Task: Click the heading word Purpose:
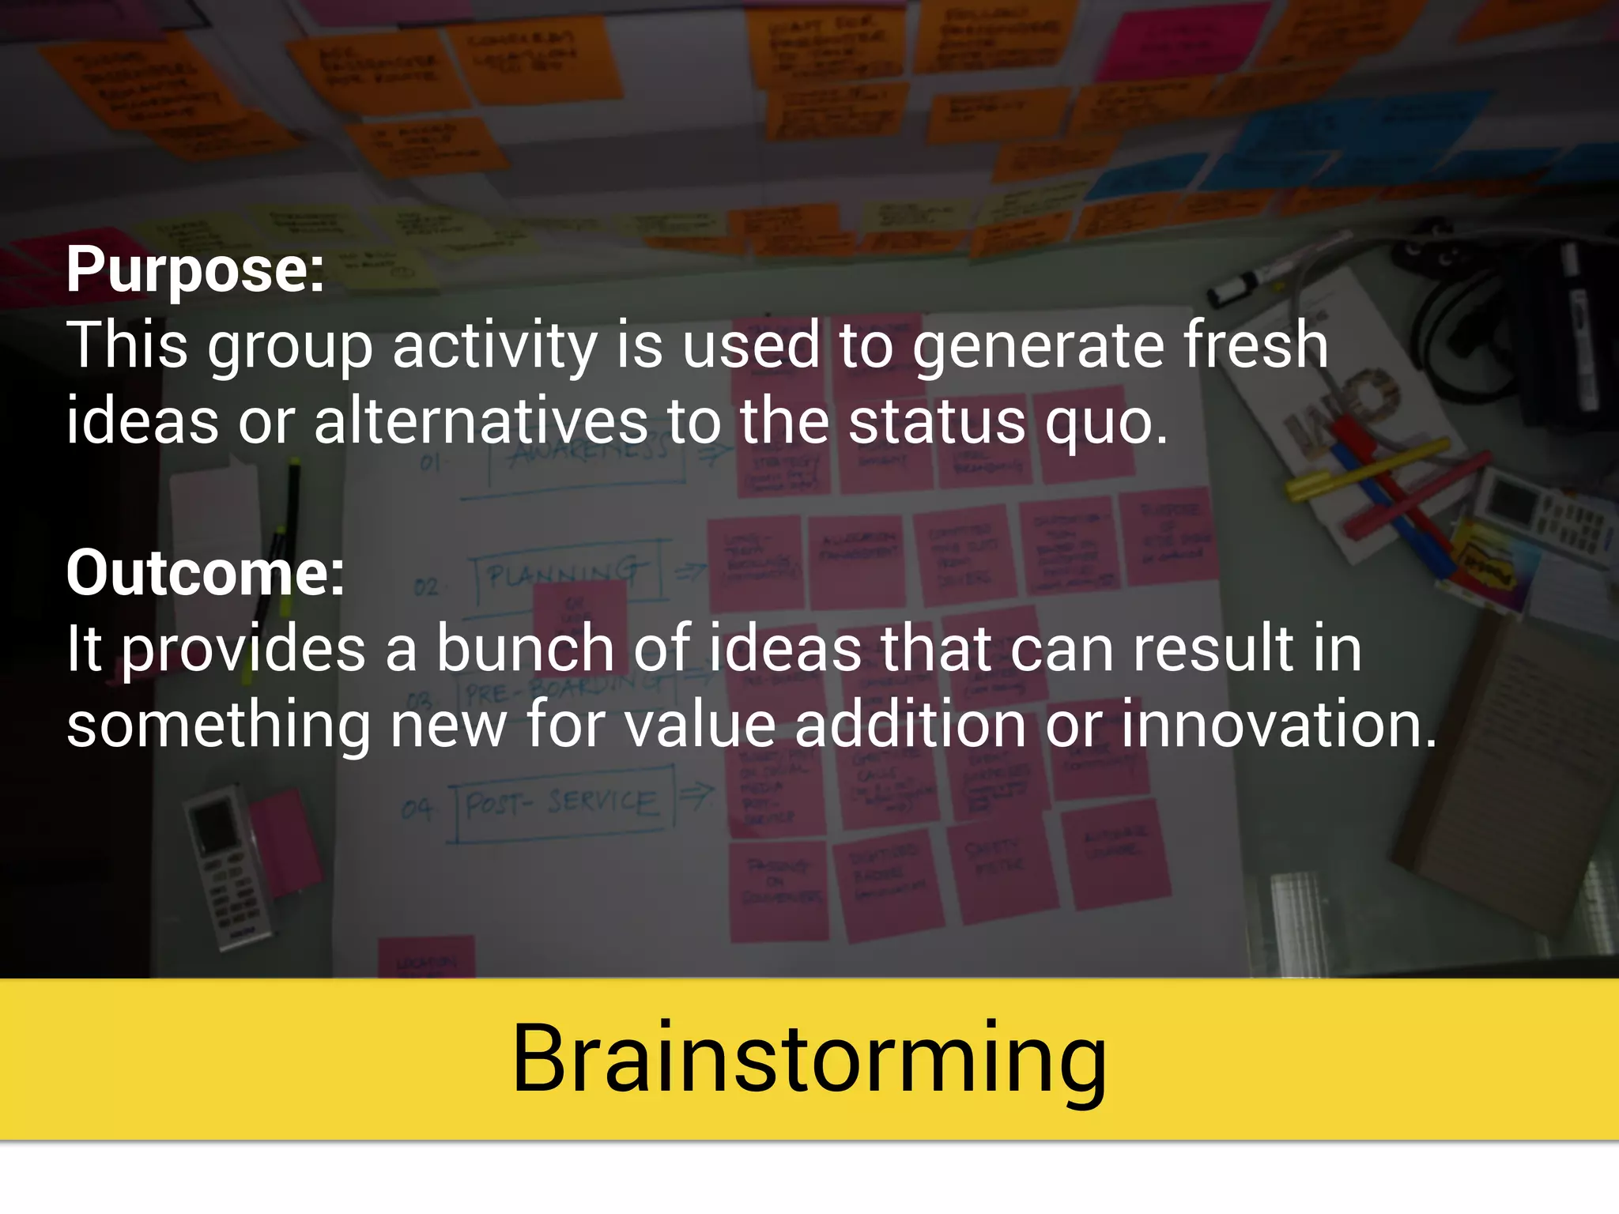pyautogui.click(x=195, y=270)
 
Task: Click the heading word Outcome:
pyautogui.click(x=206, y=573)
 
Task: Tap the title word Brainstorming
pyautogui.click(x=809, y=1059)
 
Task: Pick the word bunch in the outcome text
pyautogui.click(x=525, y=649)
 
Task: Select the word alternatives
pyautogui.click(x=481, y=421)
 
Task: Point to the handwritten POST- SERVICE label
pyautogui.click(x=561, y=805)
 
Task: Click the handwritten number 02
pyautogui.click(x=425, y=587)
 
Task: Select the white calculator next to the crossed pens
pyautogui.click(x=1542, y=514)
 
